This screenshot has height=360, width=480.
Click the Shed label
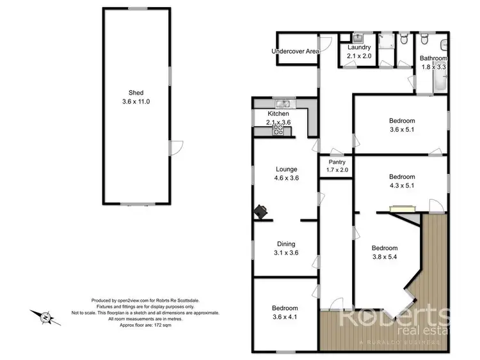point(135,91)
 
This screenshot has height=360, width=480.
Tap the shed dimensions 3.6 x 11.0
point(135,101)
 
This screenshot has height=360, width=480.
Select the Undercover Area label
point(295,51)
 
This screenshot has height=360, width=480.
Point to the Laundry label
point(359,47)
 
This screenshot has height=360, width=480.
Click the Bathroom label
point(433,58)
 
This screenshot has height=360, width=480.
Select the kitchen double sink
point(281,104)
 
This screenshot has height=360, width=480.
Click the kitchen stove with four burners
point(278,129)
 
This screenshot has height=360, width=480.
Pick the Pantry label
point(337,162)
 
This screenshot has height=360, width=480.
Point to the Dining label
point(285,244)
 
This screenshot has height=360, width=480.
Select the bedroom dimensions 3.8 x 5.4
point(385,257)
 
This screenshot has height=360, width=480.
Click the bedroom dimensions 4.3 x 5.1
point(402,186)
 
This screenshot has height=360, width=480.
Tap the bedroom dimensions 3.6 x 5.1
point(402,129)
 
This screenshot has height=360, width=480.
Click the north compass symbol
point(45,317)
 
